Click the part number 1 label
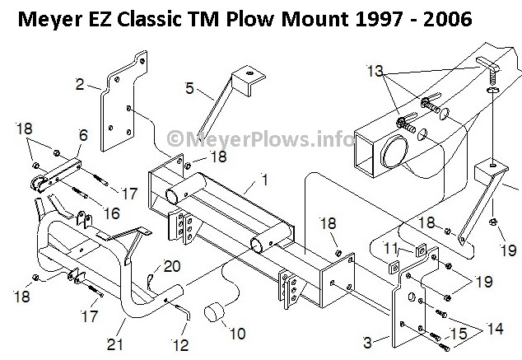coord(265,178)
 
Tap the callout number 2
coord(80,83)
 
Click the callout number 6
coord(83,133)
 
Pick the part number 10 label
coord(238,334)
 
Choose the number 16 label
coord(111,213)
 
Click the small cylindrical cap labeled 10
coord(217,312)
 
